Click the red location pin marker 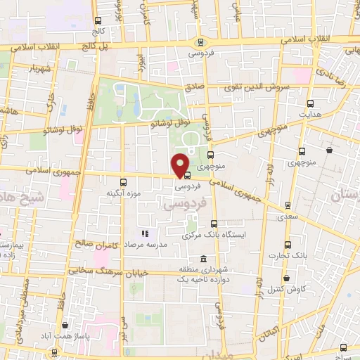(x=180, y=165)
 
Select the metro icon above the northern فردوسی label (x=202, y=41)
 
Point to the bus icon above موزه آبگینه (x=124, y=181)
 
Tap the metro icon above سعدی (x=287, y=205)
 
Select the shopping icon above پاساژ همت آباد (x=65, y=326)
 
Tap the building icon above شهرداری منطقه (x=203, y=259)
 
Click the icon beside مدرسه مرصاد (x=144, y=233)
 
